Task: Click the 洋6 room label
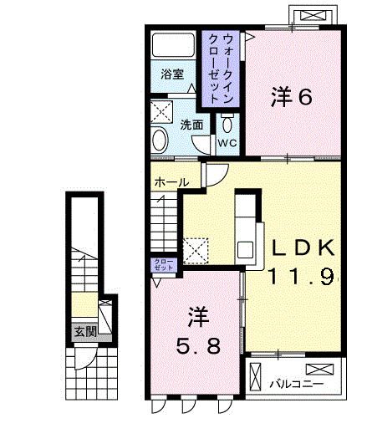(x=292, y=97)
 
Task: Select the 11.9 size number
(x=302, y=275)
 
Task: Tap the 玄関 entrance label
(x=84, y=330)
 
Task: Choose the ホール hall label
(x=170, y=181)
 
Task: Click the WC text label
(x=228, y=143)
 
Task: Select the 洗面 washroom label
(x=191, y=125)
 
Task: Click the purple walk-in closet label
(x=217, y=67)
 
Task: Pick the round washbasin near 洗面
(x=161, y=141)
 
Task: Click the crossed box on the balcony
(x=318, y=369)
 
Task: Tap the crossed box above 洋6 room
(x=315, y=14)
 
